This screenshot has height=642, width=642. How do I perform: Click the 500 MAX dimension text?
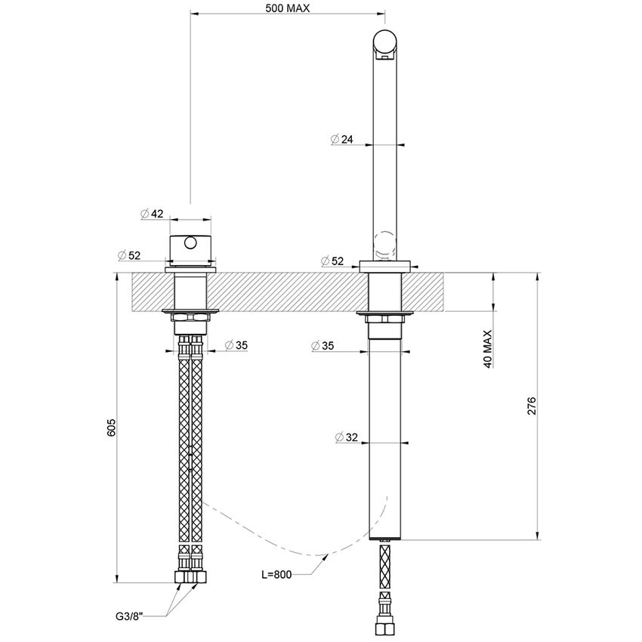[x=288, y=8]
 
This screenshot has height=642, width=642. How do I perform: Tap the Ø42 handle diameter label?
[x=152, y=214]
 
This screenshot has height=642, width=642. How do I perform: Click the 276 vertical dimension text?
[x=531, y=406]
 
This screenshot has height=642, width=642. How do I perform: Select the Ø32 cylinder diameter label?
[x=345, y=437]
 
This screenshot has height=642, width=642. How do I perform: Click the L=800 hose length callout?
[x=276, y=575]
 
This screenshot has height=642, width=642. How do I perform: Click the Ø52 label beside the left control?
[x=130, y=255]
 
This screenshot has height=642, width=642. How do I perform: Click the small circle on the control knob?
[x=189, y=243]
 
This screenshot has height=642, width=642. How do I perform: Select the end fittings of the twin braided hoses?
[x=189, y=576]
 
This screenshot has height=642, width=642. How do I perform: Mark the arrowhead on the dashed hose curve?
[x=326, y=557]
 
